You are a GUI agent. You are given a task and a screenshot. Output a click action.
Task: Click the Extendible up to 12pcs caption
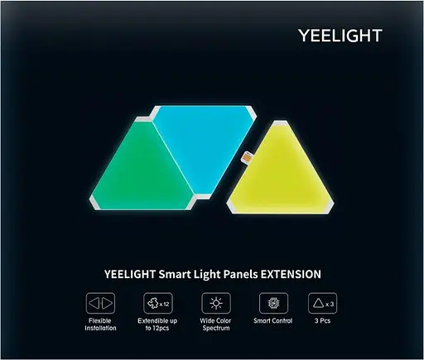[157, 325]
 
